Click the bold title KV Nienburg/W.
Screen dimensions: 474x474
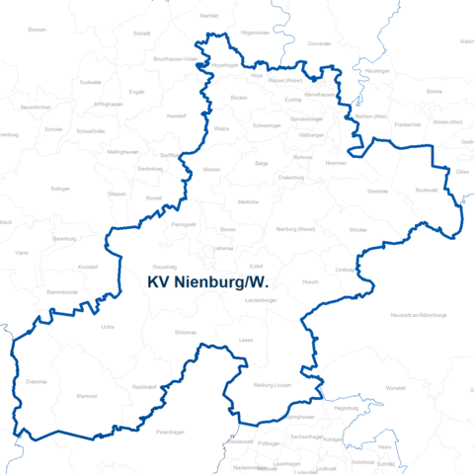208,283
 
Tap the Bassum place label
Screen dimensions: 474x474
38,30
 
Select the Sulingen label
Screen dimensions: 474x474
60,187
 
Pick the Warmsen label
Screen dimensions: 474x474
87,396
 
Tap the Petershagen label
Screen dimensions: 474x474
171,432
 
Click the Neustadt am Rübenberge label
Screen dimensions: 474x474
420,314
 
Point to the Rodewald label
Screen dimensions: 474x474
427,190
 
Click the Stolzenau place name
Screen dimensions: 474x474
186,334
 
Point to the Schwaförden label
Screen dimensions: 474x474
90,130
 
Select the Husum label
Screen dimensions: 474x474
310,281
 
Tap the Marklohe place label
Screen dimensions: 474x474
248,201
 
